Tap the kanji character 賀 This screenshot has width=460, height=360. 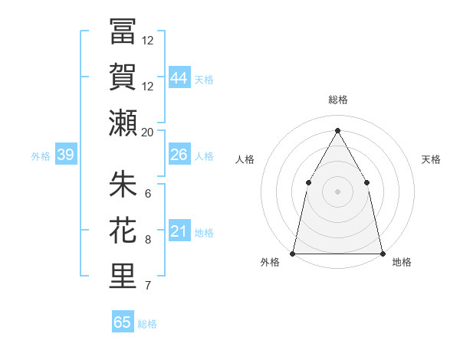point(123,77)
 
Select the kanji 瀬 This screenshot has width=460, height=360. point(123,122)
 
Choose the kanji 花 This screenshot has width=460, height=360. point(123,230)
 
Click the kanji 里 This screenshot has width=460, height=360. point(123,276)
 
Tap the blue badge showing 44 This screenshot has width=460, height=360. point(179,77)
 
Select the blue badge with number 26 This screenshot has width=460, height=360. point(179,155)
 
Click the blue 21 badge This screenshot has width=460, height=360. point(179,231)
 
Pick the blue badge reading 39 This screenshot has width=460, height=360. point(65,155)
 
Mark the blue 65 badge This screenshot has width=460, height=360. point(123,322)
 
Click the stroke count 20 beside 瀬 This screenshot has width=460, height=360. point(148,132)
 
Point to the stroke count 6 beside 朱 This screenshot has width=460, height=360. point(148,193)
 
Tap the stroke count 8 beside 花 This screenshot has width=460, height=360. point(148,240)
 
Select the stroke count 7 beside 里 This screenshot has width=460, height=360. point(148,286)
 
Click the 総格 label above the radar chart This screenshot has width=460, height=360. point(337,100)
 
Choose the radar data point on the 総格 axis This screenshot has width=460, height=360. point(337,130)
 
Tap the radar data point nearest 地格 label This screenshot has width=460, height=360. point(382,253)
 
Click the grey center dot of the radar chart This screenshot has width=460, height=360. point(337,191)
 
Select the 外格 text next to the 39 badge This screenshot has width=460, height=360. point(41,156)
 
